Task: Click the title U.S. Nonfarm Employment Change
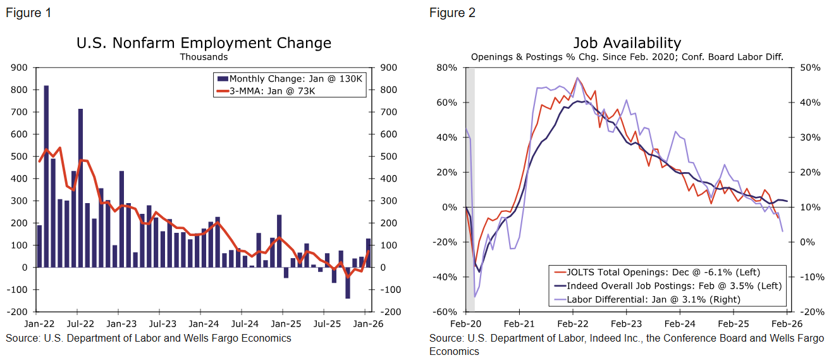pyautogui.click(x=204, y=43)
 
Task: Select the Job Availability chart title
pyautogui.click(x=627, y=43)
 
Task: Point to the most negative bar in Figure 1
pyautogui.click(x=347, y=282)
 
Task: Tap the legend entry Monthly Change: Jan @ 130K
pyautogui.click(x=291, y=79)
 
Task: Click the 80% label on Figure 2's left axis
pyautogui.click(x=448, y=67)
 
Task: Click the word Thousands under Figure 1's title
pyautogui.click(x=204, y=57)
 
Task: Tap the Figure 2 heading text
pyautogui.click(x=452, y=13)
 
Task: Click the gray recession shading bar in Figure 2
pyautogui.click(x=470, y=190)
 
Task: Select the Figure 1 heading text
pyautogui.click(x=28, y=13)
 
